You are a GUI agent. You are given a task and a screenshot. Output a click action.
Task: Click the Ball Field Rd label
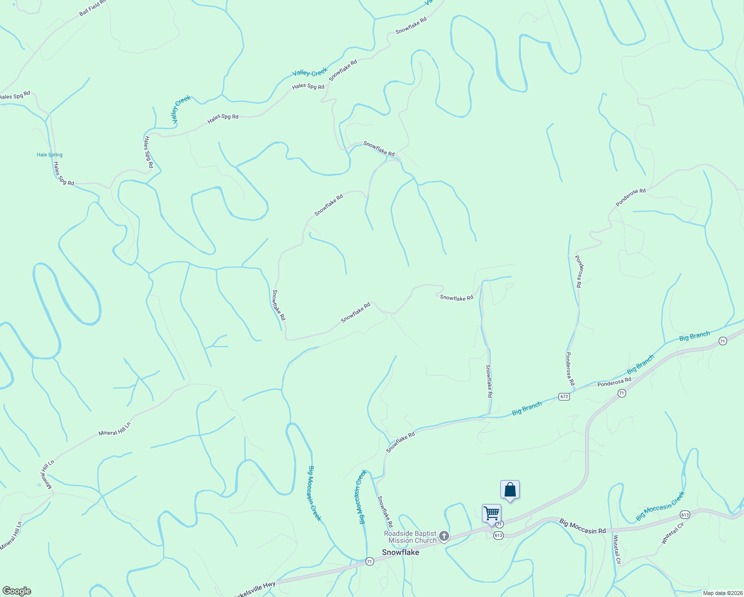point(93,7)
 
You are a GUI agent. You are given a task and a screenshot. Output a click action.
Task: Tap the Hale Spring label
point(50,155)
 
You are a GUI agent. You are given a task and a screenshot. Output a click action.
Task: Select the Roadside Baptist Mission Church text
point(410,537)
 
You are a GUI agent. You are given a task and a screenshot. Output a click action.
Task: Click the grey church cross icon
point(444,536)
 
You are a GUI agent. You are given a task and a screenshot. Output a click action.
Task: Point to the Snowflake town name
point(400,552)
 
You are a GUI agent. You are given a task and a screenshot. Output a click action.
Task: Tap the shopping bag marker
point(510,490)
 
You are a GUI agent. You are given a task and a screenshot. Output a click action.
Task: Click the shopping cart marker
point(491,513)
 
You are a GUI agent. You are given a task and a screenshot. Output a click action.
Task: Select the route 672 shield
point(564,397)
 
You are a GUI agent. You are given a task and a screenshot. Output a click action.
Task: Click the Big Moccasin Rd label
point(582,526)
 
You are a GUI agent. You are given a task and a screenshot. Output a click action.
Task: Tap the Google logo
point(16,591)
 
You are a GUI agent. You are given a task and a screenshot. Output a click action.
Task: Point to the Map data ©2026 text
point(723,593)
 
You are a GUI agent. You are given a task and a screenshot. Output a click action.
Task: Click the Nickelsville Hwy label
point(254,589)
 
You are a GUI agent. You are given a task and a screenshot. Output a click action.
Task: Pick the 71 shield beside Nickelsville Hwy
point(370,561)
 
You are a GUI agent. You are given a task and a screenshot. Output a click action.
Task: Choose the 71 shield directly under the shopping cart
point(499,524)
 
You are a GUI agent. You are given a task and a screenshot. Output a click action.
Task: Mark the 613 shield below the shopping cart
point(498,535)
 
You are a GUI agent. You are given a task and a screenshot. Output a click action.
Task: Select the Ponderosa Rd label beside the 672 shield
point(614,382)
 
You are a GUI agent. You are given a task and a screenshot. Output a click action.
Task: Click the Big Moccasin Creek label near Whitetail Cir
point(660,506)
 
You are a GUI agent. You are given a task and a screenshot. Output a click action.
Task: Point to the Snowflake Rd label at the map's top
point(411,26)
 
